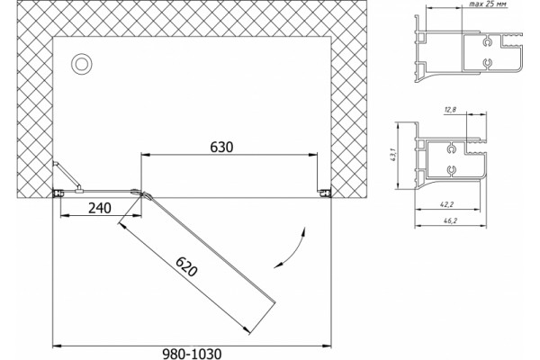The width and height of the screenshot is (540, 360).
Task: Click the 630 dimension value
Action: click(221, 147)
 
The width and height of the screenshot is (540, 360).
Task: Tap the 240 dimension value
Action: click(100, 208)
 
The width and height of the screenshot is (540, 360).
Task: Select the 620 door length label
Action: click(186, 267)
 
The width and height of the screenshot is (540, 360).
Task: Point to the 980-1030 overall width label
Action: click(192, 354)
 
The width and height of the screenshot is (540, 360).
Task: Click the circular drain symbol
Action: click(82, 64)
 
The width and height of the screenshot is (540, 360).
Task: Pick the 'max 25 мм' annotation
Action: click(488, 4)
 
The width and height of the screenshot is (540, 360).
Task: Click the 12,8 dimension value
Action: click(450, 110)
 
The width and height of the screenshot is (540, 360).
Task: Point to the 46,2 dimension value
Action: click(449, 221)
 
